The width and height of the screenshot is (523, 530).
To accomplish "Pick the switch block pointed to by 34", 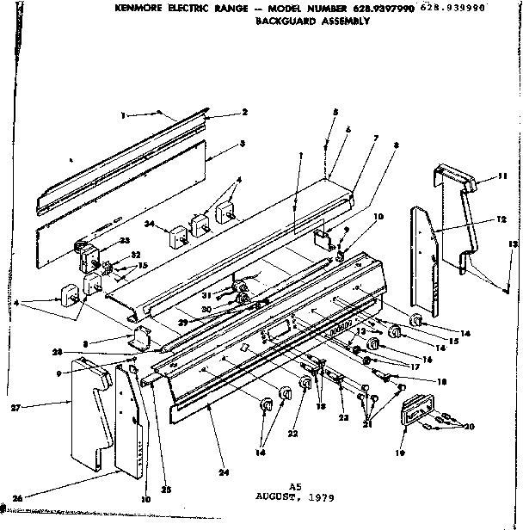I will [x=178, y=234].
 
